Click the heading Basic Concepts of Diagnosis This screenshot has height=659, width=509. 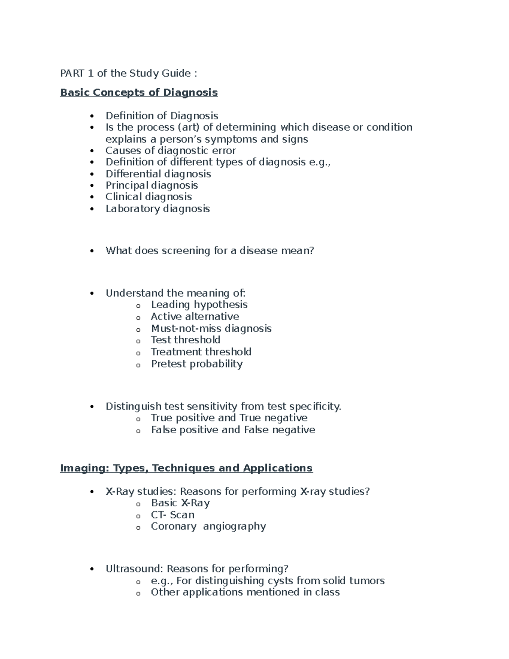139,93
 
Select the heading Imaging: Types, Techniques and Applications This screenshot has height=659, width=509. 186,468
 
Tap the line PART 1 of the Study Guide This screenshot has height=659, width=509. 129,73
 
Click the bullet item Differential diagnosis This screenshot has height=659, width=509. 158,174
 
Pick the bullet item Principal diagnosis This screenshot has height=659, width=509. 151,185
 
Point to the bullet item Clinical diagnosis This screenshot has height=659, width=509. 148,197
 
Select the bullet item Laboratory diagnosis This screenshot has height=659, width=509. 157,209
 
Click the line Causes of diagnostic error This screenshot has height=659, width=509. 171,151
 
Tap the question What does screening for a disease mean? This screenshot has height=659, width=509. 210,251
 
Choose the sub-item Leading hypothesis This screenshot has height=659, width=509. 199,305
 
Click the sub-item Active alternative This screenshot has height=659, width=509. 195,317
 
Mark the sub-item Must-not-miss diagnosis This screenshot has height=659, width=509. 211,328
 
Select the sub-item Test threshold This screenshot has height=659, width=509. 185,340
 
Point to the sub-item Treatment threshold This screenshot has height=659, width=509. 201,352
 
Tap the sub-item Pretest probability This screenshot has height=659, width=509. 196,364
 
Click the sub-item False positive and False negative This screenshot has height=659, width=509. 233,430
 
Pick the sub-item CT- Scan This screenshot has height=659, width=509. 173,515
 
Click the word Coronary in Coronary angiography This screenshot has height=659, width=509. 173,526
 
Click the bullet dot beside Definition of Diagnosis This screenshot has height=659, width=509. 92,116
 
